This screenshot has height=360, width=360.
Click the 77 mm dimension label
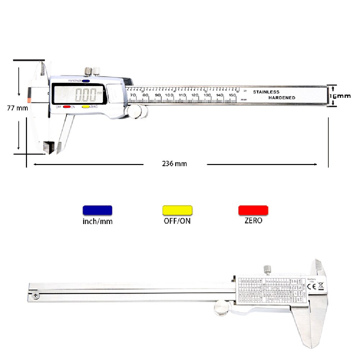click(17, 108)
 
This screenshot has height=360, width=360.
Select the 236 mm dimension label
click(174, 164)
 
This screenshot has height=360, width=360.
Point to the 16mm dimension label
click(340, 96)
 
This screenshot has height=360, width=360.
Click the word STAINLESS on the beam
click(266, 92)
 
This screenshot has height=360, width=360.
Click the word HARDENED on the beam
click(282, 98)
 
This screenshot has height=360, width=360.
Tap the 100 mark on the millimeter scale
click(169, 95)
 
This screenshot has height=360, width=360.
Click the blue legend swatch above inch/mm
click(97, 210)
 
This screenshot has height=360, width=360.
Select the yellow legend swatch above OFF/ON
click(178, 210)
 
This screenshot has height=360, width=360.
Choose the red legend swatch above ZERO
click(253, 210)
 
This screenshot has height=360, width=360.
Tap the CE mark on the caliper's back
click(312, 286)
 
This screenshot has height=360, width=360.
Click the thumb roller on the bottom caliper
click(222, 307)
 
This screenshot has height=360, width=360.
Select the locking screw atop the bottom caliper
click(267, 269)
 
